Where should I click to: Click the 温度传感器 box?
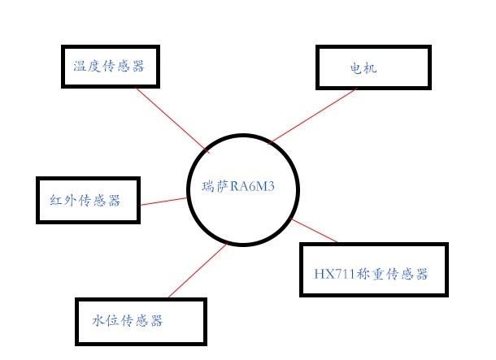tap(111, 66)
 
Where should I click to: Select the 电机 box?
tap(372, 67)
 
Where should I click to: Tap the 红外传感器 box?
tap(88, 199)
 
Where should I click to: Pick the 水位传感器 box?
tap(140, 320)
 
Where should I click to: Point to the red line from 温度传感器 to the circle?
tap(172, 119)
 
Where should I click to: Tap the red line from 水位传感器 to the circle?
tap(195, 272)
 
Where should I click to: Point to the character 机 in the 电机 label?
tap(370, 69)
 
